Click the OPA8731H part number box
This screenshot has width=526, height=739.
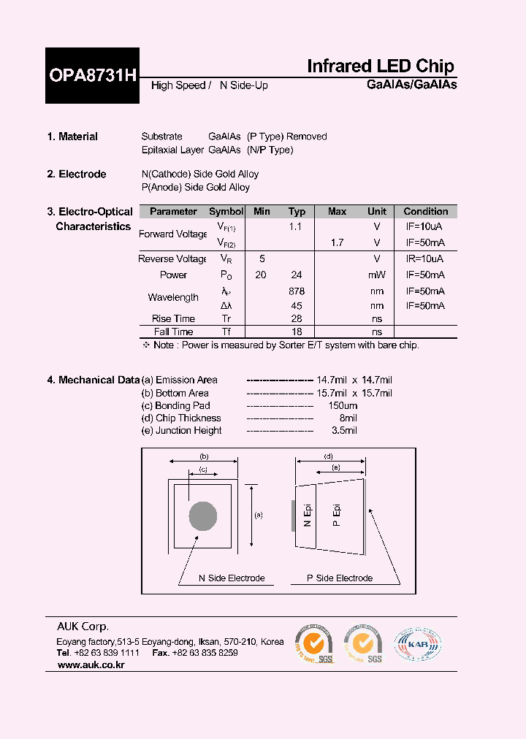click(92, 75)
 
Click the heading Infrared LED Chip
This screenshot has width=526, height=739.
click(381, 66)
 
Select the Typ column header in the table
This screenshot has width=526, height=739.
click(297, 212)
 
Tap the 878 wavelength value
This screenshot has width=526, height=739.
click(297, 291)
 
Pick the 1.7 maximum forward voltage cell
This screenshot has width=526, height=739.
click(337, 242)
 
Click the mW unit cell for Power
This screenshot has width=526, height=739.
click(377, 275)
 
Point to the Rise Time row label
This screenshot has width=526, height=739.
click(173, 318)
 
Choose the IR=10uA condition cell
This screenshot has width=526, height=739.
click(425, 259)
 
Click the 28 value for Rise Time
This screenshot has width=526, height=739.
click(297, 318)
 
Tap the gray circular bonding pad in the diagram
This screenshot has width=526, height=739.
click(202, 516)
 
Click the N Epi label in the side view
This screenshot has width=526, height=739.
click(308, 516)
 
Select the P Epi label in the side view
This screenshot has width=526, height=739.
click(337, 516)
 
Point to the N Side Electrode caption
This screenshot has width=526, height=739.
click(232, 578)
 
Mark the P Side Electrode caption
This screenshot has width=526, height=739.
click(340, 578)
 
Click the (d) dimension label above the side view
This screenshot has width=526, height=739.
click(329, 457)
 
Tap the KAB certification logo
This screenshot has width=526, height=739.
click(418, 645)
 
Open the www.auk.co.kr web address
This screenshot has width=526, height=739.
click(91, 665)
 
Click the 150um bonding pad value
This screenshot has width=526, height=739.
click(343, 405)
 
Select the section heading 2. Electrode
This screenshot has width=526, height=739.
click(77, 174)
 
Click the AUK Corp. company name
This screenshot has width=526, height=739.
click(83, 627)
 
